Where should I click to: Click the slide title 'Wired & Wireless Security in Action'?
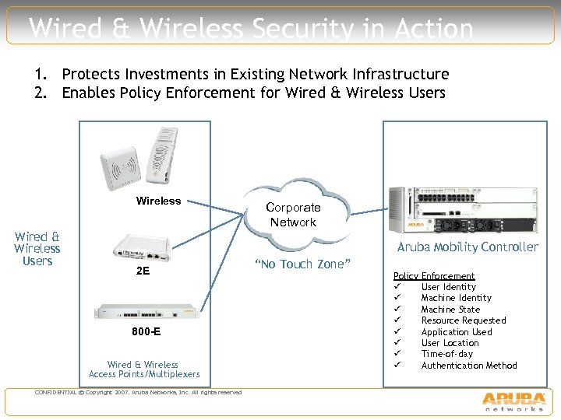click(x=251, y=29)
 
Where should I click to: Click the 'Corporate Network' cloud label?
click(x=293, y=215)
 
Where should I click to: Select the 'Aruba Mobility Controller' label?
click(x=467, y=247)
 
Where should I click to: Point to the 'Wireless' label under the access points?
click(x=158, y=201)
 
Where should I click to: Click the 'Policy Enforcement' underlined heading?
click(x=434, y=276)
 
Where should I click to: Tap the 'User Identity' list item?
click(x=448, y=287)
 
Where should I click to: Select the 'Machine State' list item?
click(x=450, y=310)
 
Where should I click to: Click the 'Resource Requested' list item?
click(x=464, y=320)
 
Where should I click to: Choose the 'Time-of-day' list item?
click(x=447, y=354)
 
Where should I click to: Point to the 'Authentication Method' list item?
click(x=469, y=366)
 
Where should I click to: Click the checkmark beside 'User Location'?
click(x=397, y=343)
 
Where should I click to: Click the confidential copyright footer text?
click(x=139, y=392)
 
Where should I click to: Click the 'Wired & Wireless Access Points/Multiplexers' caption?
click(x=143, y=369)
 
